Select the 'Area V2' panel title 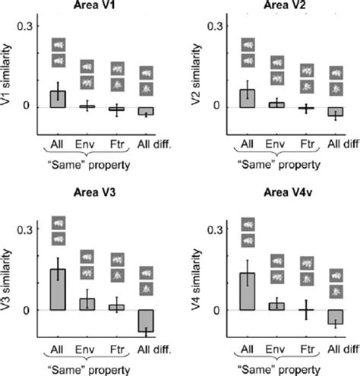click(288, 7)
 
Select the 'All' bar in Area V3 click(58, 289)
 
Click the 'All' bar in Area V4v click(248, 291)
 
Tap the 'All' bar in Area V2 click(248, 98)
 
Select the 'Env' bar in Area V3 click(87, 304)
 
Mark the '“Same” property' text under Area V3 click(88, 363)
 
